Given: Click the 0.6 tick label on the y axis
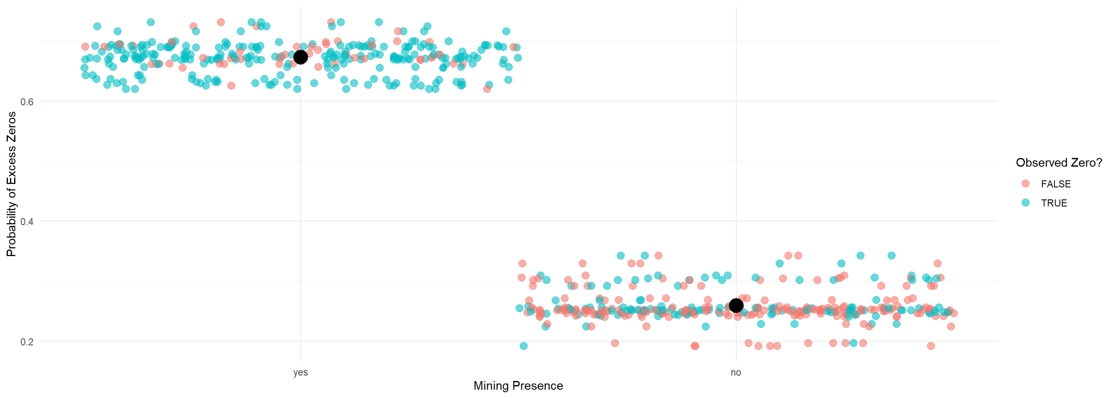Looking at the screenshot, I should pos(27,102).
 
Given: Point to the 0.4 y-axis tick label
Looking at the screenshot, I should pos(27,221).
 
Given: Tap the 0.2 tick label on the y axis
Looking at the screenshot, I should pos(27,342).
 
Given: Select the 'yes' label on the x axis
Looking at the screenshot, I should pos(300,372).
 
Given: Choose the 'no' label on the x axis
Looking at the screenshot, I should pos(736,372).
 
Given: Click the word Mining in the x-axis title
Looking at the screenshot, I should pos(490,386).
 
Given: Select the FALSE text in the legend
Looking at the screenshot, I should pos(1056,184).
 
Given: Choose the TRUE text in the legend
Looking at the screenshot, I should pos(1054,203).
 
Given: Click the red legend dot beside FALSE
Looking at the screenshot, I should pos(1025,183).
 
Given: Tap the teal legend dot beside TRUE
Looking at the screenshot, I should pos(1025,202).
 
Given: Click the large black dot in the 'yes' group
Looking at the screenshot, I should pos(300,57).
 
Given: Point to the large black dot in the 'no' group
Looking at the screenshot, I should pos(736,306).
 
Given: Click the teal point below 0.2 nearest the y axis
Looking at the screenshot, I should pos(523,346).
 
